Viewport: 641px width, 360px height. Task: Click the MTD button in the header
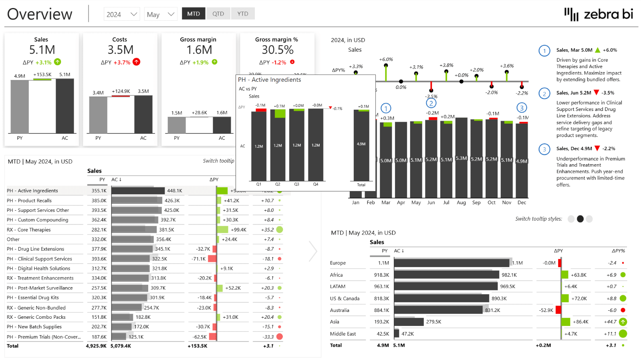(x=194, y=14)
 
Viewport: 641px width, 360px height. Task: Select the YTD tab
(x=243, y=14)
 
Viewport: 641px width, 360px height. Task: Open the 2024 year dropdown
(x=121, y=14)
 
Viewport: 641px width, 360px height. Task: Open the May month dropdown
(x=160, y=14)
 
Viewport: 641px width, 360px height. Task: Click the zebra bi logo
(x=599, y=14)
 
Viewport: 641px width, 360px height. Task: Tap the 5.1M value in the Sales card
(x=42, y=50)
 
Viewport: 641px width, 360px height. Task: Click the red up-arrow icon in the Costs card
(x=137, y=62)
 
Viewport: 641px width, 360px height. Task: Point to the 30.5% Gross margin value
(x=277, y=50)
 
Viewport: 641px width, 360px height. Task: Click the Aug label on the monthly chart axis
(x=461, y=203)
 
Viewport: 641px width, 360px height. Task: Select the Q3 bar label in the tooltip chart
(x=296, y=184)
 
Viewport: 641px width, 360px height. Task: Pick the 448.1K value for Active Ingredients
(x=174, y=191)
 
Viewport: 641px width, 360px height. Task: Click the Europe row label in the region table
(x=338, y=263)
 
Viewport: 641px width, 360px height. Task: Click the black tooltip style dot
(x=580, y=219)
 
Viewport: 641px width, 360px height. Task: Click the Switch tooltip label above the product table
(x=218, y=161)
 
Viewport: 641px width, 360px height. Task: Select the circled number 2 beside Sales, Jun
(x=544, y=94)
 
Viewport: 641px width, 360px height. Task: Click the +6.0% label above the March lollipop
(x=386, y=59)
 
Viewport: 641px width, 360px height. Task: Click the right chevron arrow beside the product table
(x=313, y=251)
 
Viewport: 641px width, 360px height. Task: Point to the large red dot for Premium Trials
(x=280, y=337)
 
